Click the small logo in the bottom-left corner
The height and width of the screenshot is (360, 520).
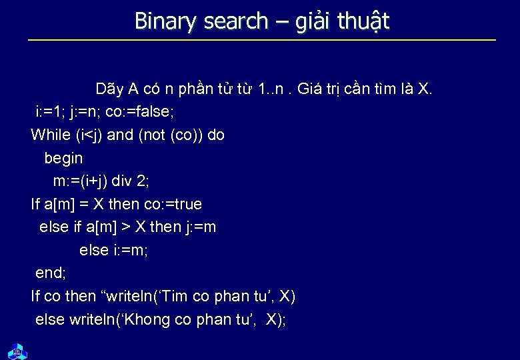15,350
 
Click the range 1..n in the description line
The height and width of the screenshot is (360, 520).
274,88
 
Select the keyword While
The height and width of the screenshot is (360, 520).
50,135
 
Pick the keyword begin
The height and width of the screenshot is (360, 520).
63,158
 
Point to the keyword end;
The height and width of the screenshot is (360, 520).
51,273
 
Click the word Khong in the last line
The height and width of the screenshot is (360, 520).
143,319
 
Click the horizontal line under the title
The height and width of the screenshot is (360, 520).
262,41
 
